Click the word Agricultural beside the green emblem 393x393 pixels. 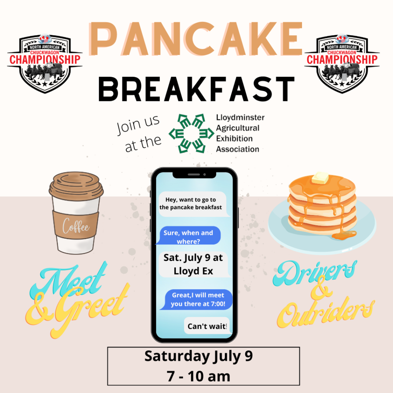pyautogui.click(x=238, y=128)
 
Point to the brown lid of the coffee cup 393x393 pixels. pyautogui.click(x=76, y=187)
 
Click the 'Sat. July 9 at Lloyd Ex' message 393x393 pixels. pyautogui.click(x=193, y=264)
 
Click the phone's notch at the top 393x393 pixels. pyautogui.click(x=194, y=175)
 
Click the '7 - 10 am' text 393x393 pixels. pyautogui.click(x=198, y=376)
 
